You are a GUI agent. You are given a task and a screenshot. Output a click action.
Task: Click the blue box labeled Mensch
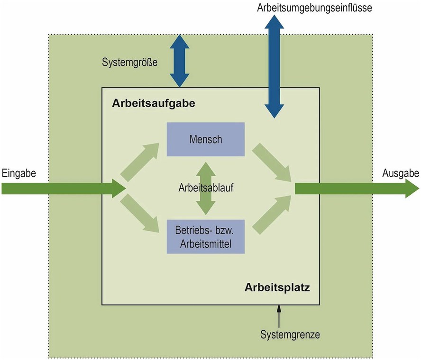coord(205,139)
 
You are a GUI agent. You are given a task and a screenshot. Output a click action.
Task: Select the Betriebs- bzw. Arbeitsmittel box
coord(205,237)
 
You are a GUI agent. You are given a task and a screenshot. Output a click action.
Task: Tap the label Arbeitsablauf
coord(206,187)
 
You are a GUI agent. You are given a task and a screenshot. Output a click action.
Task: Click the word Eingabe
coord(18,173)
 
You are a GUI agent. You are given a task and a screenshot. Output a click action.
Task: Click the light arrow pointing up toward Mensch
coord(141,161)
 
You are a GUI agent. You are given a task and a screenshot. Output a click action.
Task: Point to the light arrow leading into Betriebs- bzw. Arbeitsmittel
coord(141,216)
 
